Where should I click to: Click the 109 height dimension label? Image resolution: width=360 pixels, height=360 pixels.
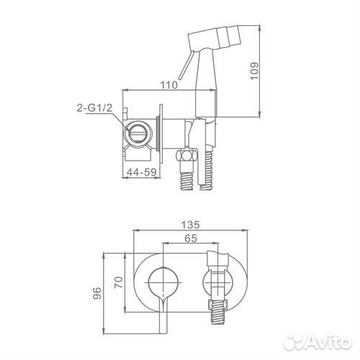[254, 71]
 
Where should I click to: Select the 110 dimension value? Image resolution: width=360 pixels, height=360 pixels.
[169, 85]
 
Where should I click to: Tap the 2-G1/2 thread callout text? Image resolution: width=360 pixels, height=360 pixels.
[94, 108]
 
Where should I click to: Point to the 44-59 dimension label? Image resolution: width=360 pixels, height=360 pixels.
[141, 172]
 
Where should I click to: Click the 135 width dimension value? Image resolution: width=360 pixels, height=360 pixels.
[190, 225]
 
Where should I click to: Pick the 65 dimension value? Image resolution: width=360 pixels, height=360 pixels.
[191, 238]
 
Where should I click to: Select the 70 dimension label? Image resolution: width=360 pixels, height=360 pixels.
[119, 282]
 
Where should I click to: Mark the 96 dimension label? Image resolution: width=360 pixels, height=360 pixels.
[97, 293]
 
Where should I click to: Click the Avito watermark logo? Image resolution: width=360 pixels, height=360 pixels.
[318, 341]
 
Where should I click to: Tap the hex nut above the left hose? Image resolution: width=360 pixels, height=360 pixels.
[186, 156]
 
